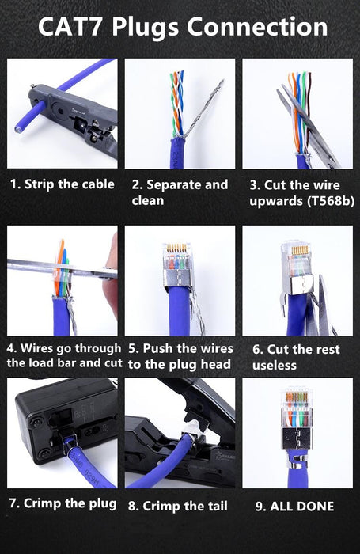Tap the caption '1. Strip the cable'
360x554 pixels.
pyautogui.click(x=62, y=184)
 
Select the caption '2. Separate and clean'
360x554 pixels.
pyautogui.click(x=179, y=192)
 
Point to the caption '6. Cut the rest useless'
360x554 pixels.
pyautogui.click(x=296, y=357)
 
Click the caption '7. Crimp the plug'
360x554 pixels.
pyautogui.click(x=63, y=504)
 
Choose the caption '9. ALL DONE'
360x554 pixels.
pyautogui.click(x=294, y=506)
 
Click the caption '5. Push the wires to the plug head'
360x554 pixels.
pyautogui.click(x=180, y=356)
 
